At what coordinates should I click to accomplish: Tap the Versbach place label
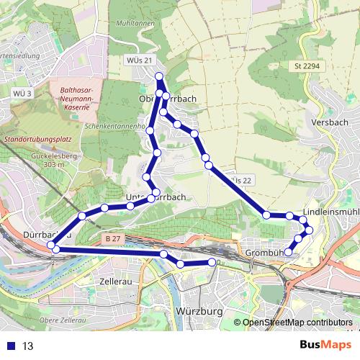coord(330,122)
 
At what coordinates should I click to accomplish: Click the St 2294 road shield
coord(306,67)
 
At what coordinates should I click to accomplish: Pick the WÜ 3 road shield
coord(22,94)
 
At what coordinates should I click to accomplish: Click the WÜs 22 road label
coord(243,179)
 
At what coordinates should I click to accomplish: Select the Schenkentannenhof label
coord(115,125)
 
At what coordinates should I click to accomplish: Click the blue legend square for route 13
coord(11,346)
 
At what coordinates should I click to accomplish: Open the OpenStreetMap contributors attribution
coord(297,323)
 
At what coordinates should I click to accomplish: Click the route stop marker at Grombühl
coord(288,252)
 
